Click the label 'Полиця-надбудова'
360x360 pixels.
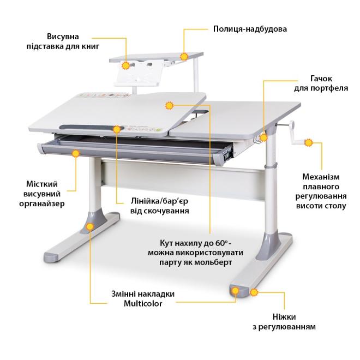click(x=250, y=29)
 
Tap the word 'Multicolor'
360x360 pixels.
click(x=143, y=303)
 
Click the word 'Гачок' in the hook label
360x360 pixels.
click(x=321, y=79)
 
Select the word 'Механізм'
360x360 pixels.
click(x=321, y=177)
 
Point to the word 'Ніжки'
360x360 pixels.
click(x=284, y=317)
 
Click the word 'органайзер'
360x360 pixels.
click(x=42, y=203)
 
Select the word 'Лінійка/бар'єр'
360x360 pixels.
click(x=160, y=201)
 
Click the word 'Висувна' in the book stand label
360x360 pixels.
click(x=63, y=37)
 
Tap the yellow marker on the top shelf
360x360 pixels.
click(x=184, y=57)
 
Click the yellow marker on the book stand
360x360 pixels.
click(x=126, y=65)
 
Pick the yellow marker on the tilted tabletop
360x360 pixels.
click(x=170, y=106)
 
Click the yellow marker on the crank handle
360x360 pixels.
click(x=309, y=142)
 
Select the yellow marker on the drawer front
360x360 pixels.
click(x=76, y=153)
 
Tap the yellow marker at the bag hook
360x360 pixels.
click(x=263, y=138)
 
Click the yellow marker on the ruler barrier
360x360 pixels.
click(x=117, y=129)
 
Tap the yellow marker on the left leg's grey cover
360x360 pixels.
click(x=90, y=226)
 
